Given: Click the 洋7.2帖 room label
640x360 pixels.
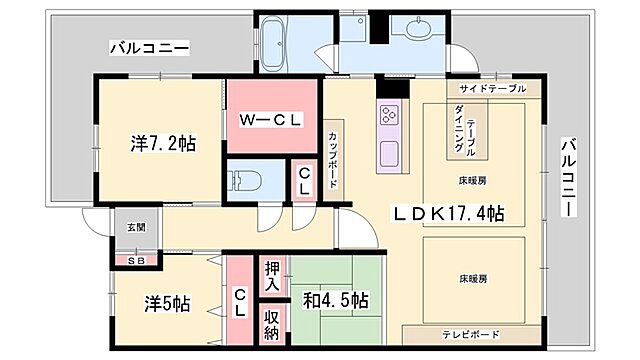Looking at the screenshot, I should pyautogui.click(x=162, y=143).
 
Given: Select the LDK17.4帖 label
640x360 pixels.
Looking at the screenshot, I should pyautogui.click(x=447, y=213).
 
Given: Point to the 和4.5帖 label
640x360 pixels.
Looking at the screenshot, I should pyautogui.click(x=336, y=300).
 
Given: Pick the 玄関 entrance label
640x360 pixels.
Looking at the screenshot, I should pyautogui.click(x=136, y=227).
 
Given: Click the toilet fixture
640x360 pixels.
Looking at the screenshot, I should pyautogui.click(x=245, y=182).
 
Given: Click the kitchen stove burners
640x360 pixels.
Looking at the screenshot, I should pyautogui.click(x=388, y=117).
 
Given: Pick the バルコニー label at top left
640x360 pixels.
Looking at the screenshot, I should pyautogui.click(x=149, y=48).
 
